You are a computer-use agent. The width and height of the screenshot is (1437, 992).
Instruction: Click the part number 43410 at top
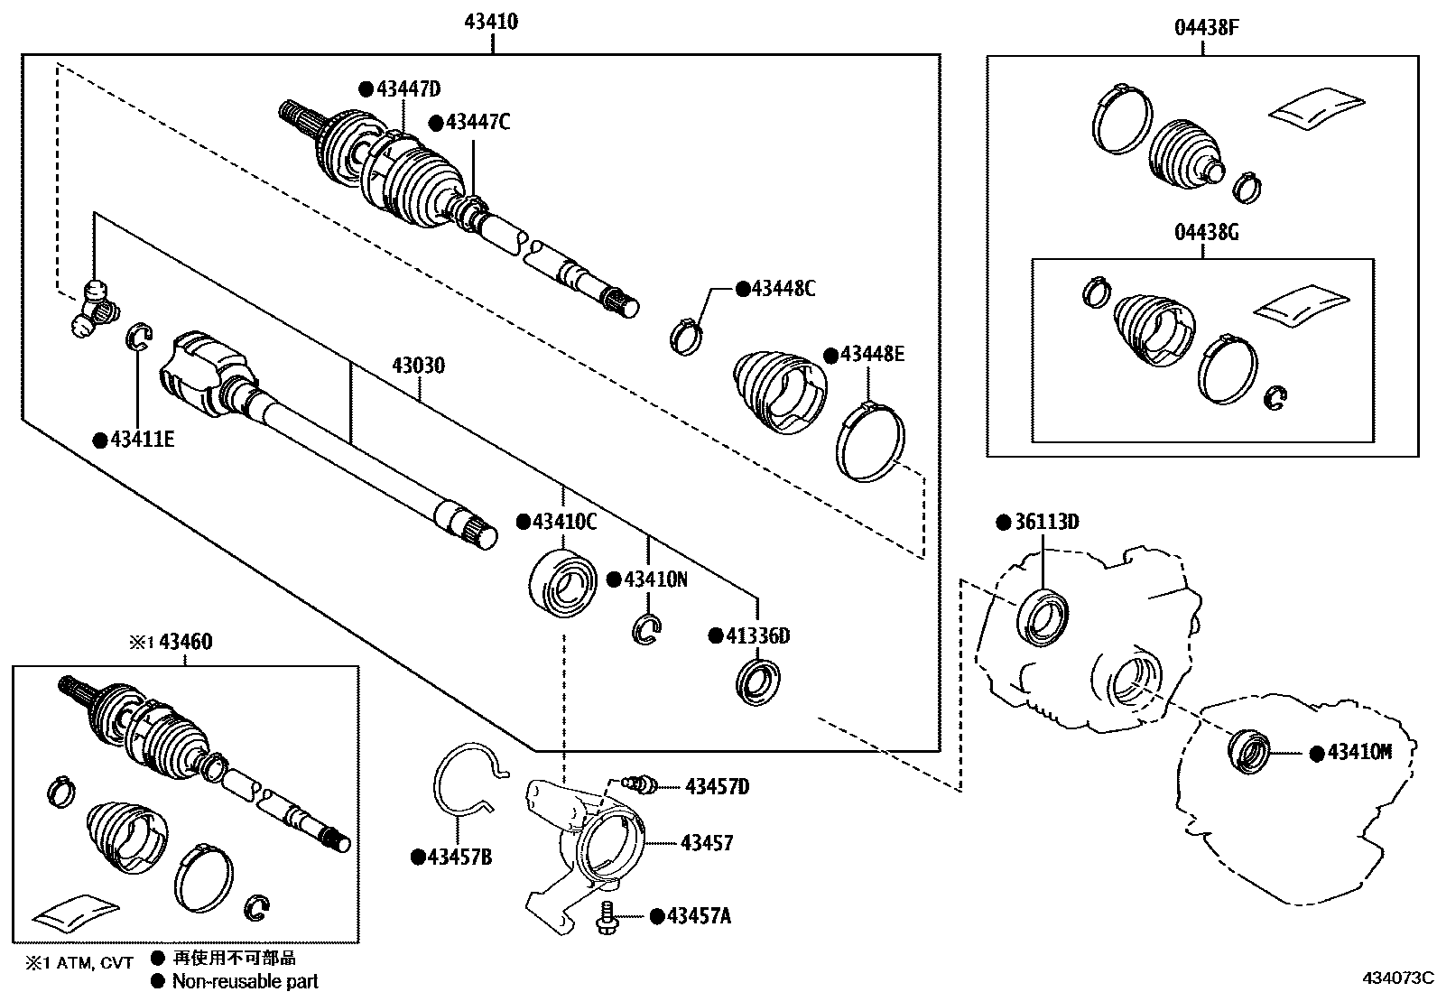tap(491, 22)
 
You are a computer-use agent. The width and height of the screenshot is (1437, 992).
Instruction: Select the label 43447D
tap(408, 88)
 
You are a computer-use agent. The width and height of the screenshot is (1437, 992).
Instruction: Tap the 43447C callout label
tap(477, 122)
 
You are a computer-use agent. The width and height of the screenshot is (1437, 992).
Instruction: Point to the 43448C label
tap(783, 289)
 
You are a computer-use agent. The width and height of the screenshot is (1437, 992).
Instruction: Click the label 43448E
tap(872, 354)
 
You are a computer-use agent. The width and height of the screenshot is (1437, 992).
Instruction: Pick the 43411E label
tap(142, 440)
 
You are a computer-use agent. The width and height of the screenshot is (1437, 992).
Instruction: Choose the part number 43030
tap(418, 366)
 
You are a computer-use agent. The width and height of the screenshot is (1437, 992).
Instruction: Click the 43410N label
tap(655, 579)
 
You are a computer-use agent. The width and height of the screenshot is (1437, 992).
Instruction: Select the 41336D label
tap(758, 636)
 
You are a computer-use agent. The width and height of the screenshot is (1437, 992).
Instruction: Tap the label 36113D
tap(1047, 523)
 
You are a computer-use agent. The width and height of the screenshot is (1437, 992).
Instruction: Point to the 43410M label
tap(1358, 752)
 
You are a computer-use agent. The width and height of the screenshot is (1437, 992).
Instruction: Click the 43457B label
tap(459, 857)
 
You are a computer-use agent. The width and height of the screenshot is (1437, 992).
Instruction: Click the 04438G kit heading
tap(1206, 233)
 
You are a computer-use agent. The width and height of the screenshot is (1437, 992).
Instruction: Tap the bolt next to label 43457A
tap(607, 917)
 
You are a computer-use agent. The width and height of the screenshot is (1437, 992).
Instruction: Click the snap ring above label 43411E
tap(137, 336)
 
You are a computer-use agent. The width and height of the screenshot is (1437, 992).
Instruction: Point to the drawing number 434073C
tap(1398, 977)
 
